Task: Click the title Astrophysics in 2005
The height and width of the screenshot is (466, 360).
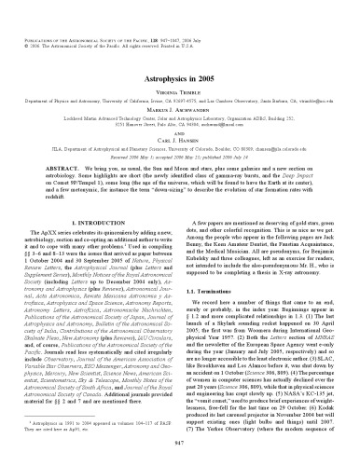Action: pyautogui.click(x=179, y=56)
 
